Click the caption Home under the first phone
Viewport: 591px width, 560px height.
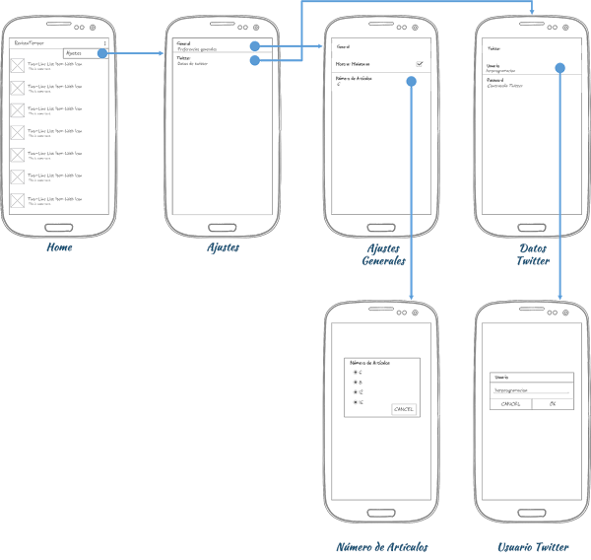pyautogui.click(x=60, y=248)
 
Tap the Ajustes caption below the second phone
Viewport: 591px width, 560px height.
pyautogui.click(x=222, y=248)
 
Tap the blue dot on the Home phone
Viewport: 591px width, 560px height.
pyautogui.click(x=101, y=53)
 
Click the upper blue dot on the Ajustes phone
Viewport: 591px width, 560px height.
pyautogui.click(x=255, y=46)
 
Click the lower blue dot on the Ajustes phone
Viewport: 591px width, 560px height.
pyautogui.click(x=255, y=61)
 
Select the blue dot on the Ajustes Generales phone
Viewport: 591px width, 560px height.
pyautogui.click(x=410, y=82)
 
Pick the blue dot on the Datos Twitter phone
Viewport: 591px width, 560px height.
pyautogui.click(x=560, y=68)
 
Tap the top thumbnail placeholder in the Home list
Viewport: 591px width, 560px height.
pyautogui.click(x=17, y=66)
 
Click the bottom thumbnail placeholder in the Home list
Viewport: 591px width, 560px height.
pyautogui.click(x=17, y=200)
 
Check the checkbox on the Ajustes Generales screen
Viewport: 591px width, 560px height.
pyautogui.click(x=420, y=63)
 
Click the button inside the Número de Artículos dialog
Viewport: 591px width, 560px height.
pyautogui.click(x=404, y=407)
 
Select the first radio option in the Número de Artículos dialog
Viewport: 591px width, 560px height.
pyautogui.click(x=356, y=372)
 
